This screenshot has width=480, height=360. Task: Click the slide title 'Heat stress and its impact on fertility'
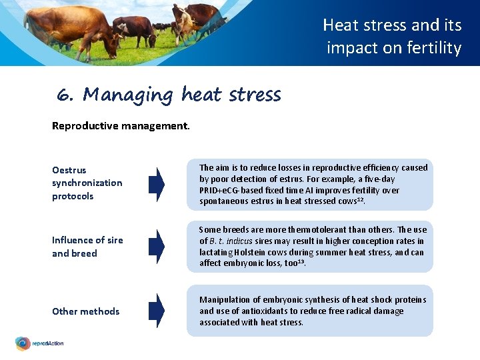pos(393,37)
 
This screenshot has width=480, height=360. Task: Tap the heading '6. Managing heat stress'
pos(169,95)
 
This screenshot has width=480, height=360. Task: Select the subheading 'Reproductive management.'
pos(121,125)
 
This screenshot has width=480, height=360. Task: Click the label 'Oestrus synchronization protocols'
pos(87,183)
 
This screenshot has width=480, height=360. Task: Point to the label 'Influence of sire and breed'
pos(87,247)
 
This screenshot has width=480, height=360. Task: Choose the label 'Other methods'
pos(85,311)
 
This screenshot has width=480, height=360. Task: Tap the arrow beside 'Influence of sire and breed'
pos(156,247)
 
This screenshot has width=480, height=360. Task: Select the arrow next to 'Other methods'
pos(156,311)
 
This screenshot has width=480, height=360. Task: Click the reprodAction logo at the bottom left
pos(40,343)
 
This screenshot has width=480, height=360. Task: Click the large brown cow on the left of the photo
pos(67,27)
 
